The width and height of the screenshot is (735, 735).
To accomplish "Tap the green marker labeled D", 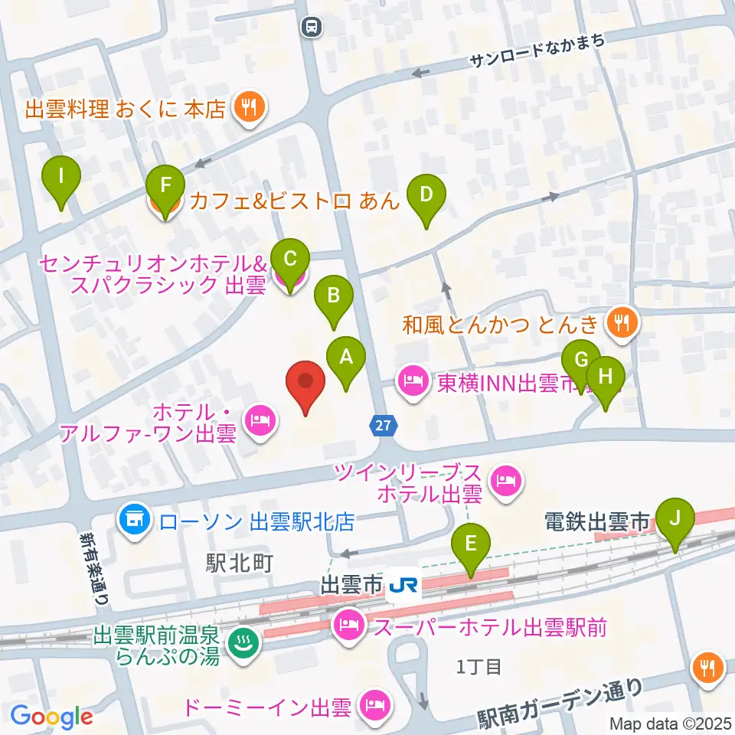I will pyautogui.click(x=426, y=196).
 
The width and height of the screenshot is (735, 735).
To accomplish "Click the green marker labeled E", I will pyautogui.click(x=471, y=545).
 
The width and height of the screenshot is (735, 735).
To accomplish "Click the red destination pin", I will pyautogui.click(x=305, y=382).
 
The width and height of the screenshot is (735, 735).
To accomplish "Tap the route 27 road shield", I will pyautogui.click(x=384, y=423).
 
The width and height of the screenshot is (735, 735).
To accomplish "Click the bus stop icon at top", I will pyautogui.click(x=312, y=27).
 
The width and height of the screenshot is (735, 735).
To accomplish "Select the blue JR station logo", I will pyautogui.click(x=403, y=586).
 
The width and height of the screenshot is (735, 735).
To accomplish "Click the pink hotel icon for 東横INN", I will pyautogui.click(x=413, y=381).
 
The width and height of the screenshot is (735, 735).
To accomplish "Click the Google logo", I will pyautogui.click(x=51, y=716).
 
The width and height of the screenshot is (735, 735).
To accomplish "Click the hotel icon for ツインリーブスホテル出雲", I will pyautogui.click(x=505, y=481).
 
